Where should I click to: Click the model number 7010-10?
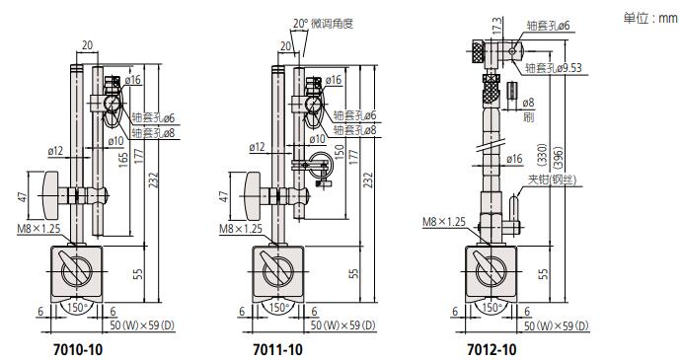pyautogui.click(x=78, y=349)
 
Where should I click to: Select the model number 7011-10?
pyautogui.click(x=277, y=349)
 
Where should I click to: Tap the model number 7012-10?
pyautogui.click(x=492, y=349)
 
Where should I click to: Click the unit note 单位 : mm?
pyautogui.click(x=650, y=18)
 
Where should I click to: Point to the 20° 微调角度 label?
pyautogui.click(x=323, y=23)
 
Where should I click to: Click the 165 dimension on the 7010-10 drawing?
pyautogui.click(x=123, y=160)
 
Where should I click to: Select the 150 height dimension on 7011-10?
pyautogui.click(x=339, y=152)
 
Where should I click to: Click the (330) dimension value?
pyautogui.click(x=542, y=155)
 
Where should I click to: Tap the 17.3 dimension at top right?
pyautogui.click(x=496, y=26)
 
